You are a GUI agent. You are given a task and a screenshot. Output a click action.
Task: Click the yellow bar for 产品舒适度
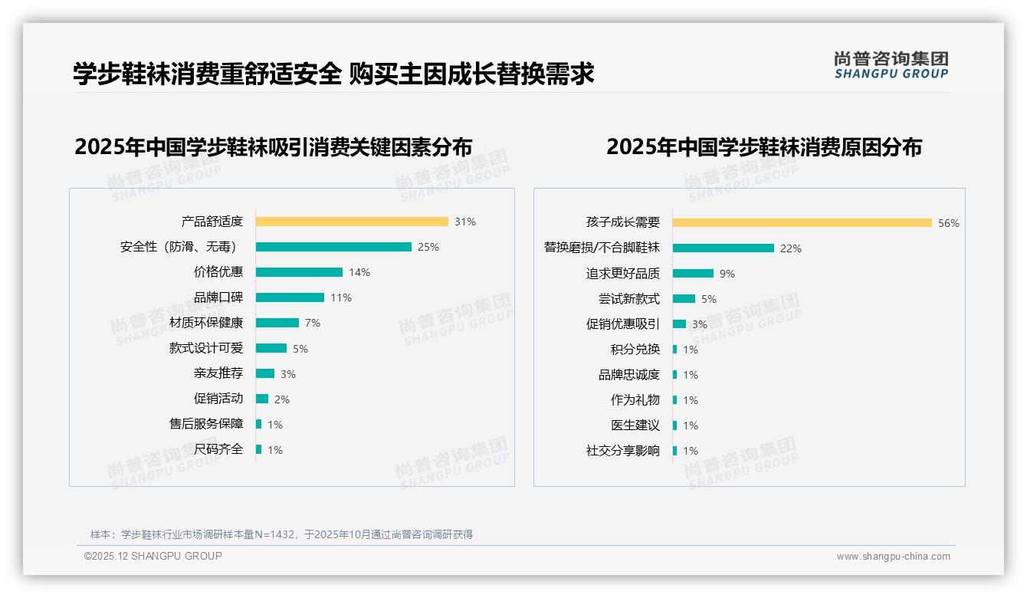pyautogui.click(x=352, y=222)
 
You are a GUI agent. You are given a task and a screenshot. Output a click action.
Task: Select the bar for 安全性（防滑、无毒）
pyautogui.click(x=333, y=247)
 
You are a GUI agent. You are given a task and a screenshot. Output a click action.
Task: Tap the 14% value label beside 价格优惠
pyautogui.click(x=359, y=272)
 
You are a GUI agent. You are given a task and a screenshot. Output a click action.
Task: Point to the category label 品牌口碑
pyautogui.click(x=218, y=297)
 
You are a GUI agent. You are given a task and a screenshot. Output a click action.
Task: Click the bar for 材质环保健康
pyautogui.click(x=277, y=323)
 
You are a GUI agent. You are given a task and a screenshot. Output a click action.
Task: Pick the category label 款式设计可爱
pyautogui.click(x=205, y=348)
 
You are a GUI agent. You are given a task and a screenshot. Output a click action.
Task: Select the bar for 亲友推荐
pyautogui.click(x=265, y=373)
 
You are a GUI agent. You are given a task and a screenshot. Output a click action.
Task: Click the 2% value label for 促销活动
pyautogui.click(x=282, y=399)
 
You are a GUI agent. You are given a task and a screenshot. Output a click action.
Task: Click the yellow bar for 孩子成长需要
pyautogui.click(x=802, y=222)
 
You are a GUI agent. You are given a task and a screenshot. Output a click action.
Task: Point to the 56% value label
pyautogui.click(x=949, y=223)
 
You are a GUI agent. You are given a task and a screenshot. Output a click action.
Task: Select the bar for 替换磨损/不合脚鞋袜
pyautogui.click(x=723, y=248)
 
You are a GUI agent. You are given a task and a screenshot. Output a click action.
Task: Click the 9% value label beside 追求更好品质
pyautogui.click(x=727, y=274)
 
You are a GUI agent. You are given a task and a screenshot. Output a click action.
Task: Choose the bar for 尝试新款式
pyautogui.click(x=684, y=299)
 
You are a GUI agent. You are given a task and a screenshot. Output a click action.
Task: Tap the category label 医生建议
pyautogui.click(x=635, y=426)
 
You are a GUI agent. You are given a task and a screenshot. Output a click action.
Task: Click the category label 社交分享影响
pyautogui.click(x=622, y=451)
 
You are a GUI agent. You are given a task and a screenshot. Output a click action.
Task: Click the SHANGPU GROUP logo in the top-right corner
pyautogui.click(x=891, y=65)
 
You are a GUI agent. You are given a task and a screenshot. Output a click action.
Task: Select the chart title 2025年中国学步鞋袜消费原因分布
pyautogui.click(x=764, y=147)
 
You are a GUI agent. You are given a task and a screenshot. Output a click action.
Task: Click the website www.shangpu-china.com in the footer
pyautogui.click(x=893, y=557)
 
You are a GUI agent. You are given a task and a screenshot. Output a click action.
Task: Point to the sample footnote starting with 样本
pyautogui.click(x=281, y=534)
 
